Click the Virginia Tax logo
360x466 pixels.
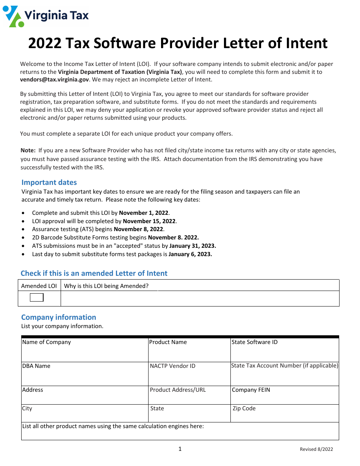46,16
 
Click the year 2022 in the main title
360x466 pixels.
45,44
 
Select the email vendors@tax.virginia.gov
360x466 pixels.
54,80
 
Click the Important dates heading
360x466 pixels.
49,182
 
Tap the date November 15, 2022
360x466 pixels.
150,221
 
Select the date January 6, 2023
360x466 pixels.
190,254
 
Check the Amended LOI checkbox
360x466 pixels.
37,297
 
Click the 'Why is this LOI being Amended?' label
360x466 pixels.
106,286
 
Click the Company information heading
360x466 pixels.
58,317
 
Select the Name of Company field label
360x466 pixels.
47,342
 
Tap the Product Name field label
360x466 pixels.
168,342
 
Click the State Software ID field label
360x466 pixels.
254,342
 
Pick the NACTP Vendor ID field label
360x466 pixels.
172,366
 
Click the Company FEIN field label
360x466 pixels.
251,390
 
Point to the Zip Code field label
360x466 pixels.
244,408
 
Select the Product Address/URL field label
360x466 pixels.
178,390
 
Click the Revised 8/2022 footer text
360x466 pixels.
316,449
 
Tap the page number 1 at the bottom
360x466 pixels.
180,449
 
